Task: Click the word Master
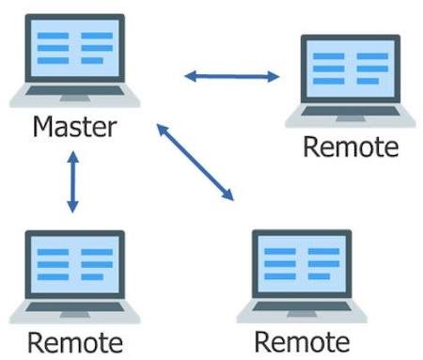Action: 74,127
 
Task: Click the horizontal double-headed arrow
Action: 231,75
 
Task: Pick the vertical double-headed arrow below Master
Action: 71,182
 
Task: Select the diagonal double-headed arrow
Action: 194,162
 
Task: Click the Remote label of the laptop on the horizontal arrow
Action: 350,148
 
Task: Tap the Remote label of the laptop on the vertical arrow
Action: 75,341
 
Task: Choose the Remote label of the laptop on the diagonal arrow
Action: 302,341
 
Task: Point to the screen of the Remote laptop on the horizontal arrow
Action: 350,70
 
